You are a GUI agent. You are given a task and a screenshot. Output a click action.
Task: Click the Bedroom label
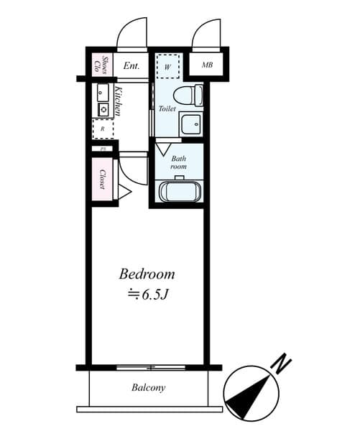(x=147, y=274)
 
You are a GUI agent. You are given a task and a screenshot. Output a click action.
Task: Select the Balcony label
(x=148, y=388)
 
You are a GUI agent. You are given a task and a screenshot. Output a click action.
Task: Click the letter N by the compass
(x=283, y=363)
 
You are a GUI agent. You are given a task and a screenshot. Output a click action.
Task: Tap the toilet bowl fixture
(x=188, y=94)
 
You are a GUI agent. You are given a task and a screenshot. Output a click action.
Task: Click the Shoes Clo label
(x=101, y=65)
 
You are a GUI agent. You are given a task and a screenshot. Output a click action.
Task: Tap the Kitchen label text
(x=118, y=101)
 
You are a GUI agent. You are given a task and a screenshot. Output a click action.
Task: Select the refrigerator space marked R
(x=103, y=129)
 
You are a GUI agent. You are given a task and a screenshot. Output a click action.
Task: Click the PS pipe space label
(x=102, y=149)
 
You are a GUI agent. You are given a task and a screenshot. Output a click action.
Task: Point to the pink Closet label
(x=103, y=180)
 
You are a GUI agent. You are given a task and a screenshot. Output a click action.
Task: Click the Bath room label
(x=178, y=162)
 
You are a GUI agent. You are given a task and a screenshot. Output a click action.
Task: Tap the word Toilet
(x=167, y=109)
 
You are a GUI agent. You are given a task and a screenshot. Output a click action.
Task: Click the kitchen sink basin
(x=103, y=92)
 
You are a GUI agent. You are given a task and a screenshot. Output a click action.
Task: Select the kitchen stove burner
(x=103, y=110)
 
